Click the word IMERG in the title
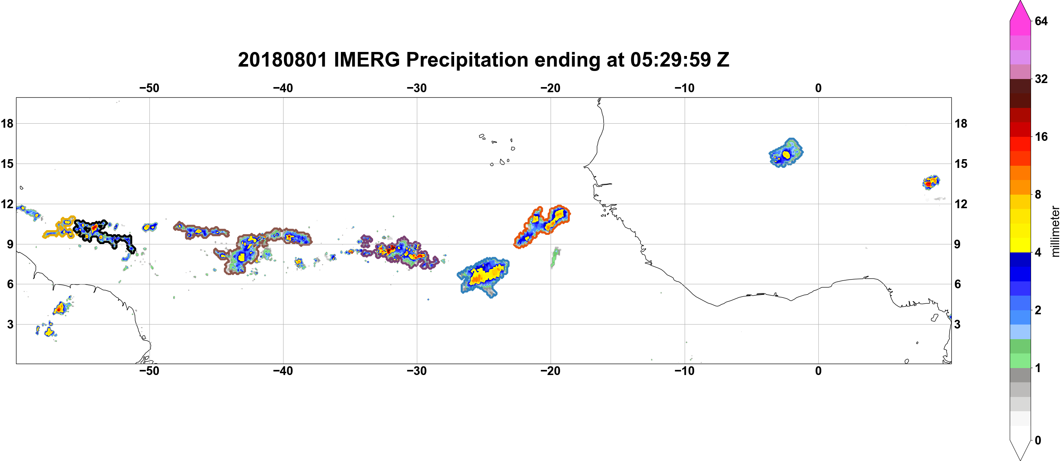[x=366, y=60]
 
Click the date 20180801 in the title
[x=282, y=60]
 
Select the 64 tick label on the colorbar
[x=1041, y=21]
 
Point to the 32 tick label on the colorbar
[x=1041, y=79]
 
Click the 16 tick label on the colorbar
[x=1041, y=137]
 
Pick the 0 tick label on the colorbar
[x=1038, y=441]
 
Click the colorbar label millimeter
[x=1055, y=231]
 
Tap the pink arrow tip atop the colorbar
[x=1020, y=2]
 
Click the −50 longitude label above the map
[x=149, y=88]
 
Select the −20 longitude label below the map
[x=550, y=371]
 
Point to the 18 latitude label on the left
[x=7, y=123]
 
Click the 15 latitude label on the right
[x=961, y=164]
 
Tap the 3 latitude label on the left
[x=10, y=324]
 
